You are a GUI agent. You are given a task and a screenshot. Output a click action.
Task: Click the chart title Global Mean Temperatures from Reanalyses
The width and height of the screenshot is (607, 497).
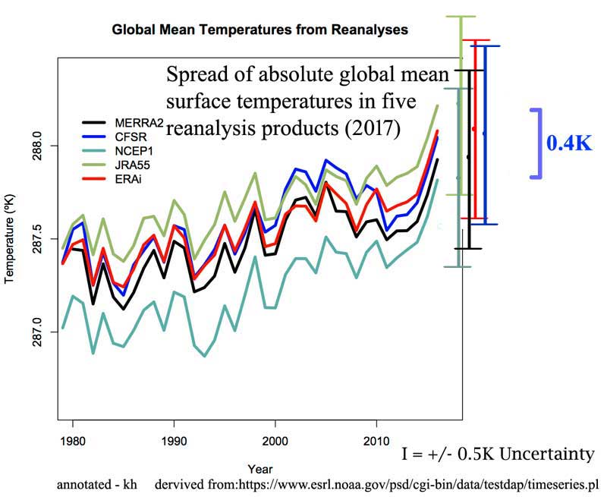(x=260, y=30)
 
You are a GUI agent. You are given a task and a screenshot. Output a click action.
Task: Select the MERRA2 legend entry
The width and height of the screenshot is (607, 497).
(x=136, y=123)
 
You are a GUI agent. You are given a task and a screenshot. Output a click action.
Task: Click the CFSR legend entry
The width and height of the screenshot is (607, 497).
(x=130, y=137)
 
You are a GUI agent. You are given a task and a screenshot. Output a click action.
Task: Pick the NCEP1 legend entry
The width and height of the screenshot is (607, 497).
(x=132, y=151)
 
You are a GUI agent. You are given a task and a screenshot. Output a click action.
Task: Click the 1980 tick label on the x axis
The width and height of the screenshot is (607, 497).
(x=73, y=439)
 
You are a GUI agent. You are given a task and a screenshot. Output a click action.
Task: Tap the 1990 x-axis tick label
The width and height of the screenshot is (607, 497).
(x=174, y=439)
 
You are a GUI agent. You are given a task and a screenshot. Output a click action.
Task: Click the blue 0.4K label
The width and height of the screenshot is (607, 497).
(x=569, y=143)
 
